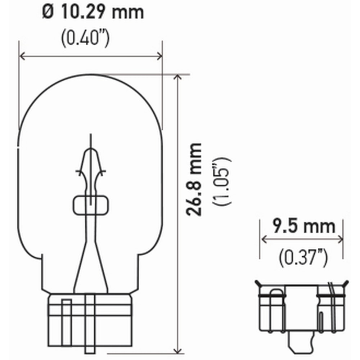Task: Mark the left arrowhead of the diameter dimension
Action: (x=22, y=56)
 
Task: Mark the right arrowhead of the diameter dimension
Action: (x=159, y=56)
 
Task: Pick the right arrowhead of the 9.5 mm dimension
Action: (x=340, y=239)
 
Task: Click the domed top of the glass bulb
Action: (x=90, y=86)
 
